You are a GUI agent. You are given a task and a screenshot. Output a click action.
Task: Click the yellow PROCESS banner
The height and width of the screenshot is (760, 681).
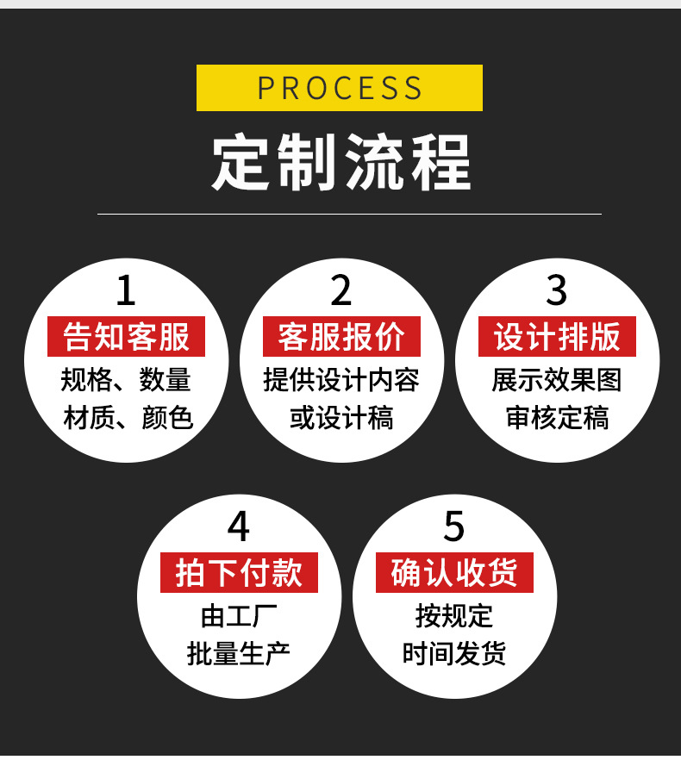point(340,88)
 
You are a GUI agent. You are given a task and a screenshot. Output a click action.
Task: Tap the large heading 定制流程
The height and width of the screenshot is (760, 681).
point(341,162)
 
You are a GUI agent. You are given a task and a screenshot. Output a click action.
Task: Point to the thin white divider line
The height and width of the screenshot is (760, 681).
point(349,214)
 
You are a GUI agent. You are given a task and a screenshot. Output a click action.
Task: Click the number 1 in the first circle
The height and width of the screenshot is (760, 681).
point(126,291)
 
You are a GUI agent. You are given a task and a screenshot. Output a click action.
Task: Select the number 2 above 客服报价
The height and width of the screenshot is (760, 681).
point(341,291)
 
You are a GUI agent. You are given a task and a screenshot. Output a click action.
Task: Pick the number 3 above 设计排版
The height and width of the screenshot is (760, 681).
point(557,291)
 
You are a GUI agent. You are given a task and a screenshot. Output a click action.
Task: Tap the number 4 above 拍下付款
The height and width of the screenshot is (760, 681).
point(239,526)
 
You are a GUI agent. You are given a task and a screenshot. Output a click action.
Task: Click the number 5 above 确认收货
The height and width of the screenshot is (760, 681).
point(454,526)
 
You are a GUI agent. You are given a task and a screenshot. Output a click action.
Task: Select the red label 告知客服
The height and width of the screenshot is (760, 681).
point(126,337)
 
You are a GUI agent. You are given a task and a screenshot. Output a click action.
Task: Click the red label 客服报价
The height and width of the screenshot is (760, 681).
point(341,337)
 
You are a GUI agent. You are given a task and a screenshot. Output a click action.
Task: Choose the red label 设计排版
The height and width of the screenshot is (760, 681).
point(557,337)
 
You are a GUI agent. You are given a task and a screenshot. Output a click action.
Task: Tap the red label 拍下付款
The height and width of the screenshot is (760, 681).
point(239,573)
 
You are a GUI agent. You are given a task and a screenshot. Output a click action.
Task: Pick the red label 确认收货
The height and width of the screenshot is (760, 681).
point(454,573)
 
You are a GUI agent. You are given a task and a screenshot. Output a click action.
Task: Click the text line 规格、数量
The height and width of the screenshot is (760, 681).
point(126,380)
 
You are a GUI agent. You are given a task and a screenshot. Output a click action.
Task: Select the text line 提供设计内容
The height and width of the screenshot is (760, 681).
point(341,380)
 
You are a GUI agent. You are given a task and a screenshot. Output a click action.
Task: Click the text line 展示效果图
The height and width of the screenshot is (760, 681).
point(557,380)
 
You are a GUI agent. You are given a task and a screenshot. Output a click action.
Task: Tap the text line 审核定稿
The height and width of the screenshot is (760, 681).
point(557,418)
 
